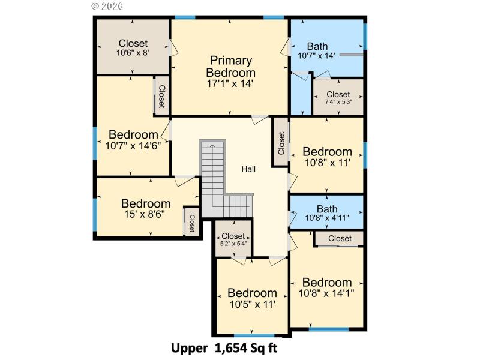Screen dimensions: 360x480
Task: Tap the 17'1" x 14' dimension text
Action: [231, 84]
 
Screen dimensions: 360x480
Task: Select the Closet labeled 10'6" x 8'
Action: [133, 47]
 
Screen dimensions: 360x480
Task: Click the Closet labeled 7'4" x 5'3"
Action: [338, 97]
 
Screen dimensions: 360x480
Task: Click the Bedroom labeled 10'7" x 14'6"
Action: [133, 139]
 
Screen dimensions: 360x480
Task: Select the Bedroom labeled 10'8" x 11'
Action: [327, 156]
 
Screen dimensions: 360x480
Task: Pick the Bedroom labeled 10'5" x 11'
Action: [252, 298]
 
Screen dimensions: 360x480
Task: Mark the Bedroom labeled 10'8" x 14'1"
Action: [327, 287]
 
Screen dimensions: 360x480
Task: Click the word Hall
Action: [248, 169]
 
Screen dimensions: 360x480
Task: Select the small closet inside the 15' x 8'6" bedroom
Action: [192, 223]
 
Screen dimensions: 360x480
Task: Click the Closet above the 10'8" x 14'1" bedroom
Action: [340, 239]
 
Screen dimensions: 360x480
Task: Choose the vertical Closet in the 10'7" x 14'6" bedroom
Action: [161, 95]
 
